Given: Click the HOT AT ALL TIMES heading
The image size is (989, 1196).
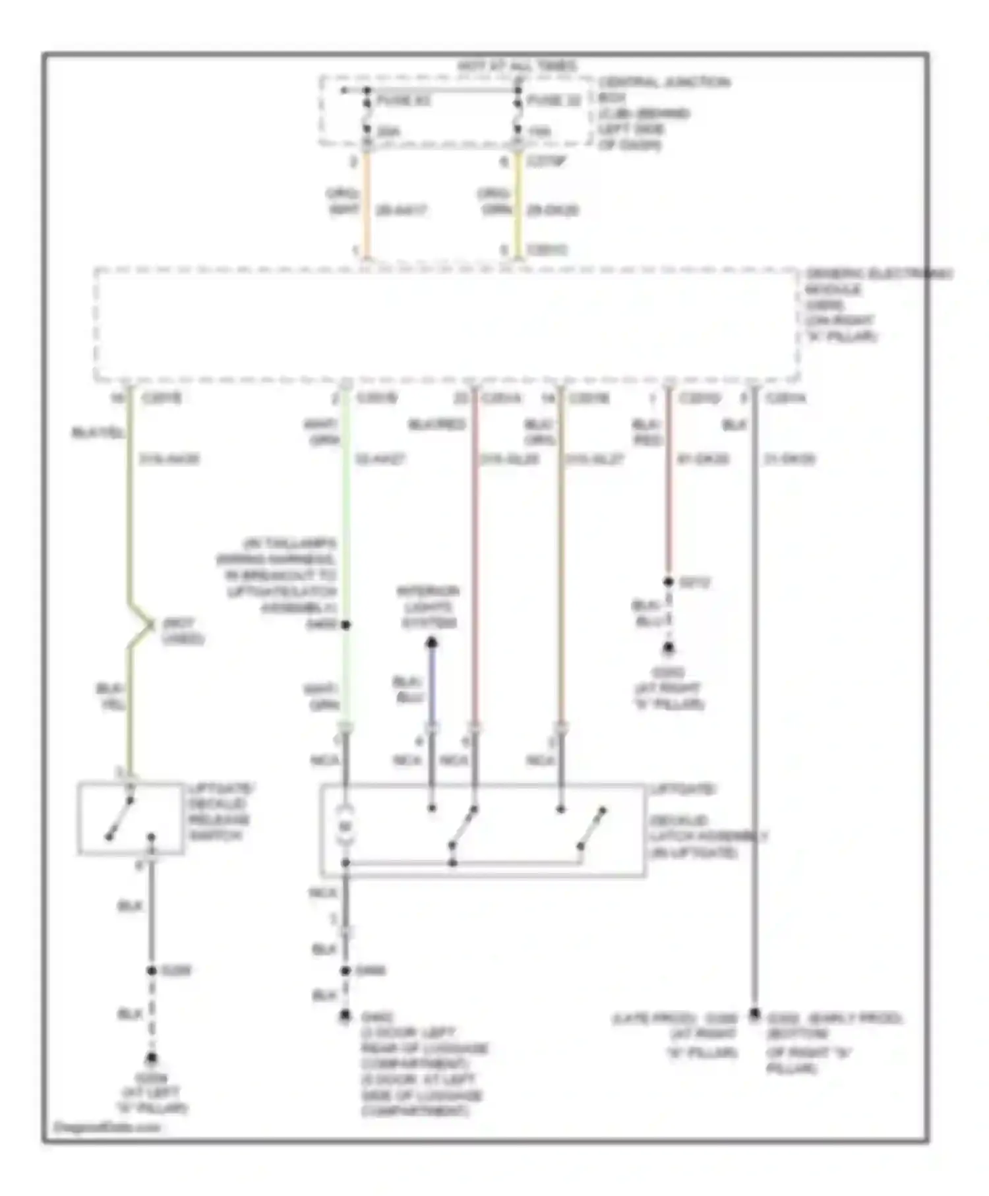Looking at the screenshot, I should point(517,66).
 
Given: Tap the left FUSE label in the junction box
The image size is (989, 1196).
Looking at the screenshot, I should point(404,101).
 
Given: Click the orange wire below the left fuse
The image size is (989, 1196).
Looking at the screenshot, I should point(367,204).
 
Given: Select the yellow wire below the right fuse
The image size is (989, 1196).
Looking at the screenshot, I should point(518,204).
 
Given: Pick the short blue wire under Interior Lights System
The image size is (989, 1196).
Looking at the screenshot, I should point(432,686).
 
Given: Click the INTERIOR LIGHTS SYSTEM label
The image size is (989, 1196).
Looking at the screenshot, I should point(429,607).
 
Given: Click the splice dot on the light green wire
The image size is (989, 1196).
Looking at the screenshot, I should point(345,624).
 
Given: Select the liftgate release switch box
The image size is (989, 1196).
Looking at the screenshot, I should point(131,818).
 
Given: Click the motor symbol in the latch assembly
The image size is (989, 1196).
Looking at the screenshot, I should point(345,826).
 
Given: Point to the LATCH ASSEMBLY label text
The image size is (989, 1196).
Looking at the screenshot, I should point(709,836).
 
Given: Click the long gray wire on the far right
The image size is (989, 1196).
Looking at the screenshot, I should point(754,725).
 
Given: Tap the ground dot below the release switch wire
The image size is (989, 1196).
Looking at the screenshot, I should point(152,1058).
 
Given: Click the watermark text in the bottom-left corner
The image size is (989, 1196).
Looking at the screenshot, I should point(106,1127).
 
